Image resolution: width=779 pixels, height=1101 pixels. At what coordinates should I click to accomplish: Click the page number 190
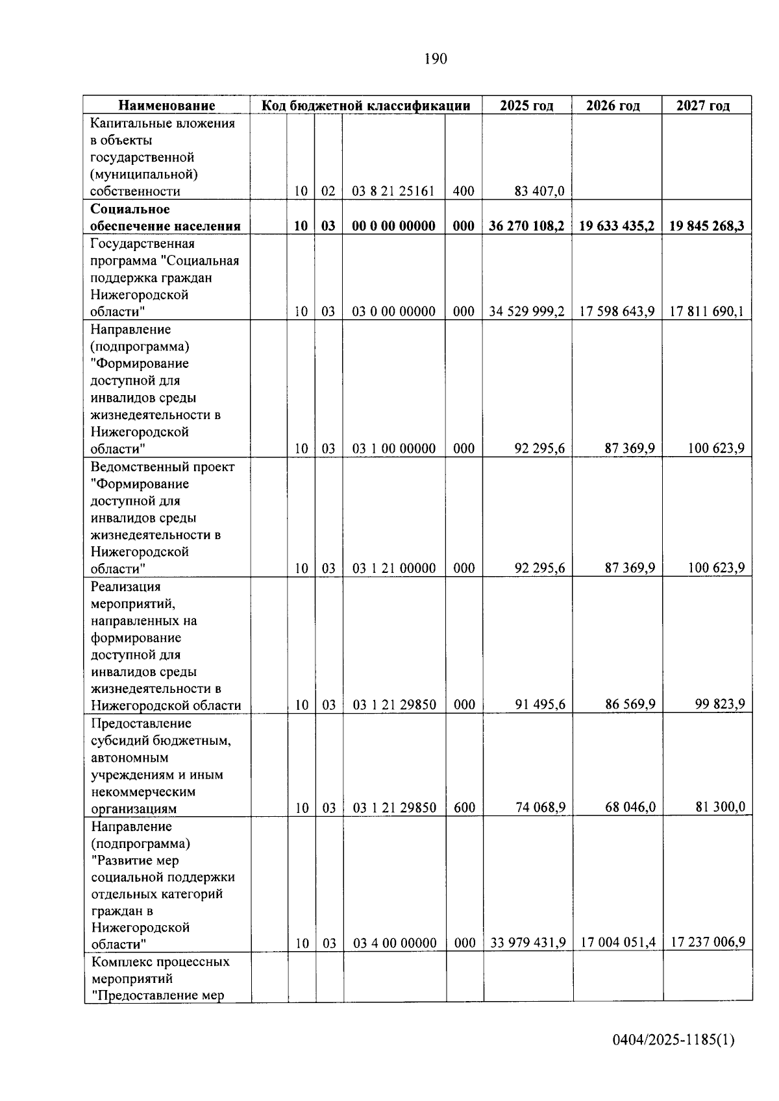(436, 59)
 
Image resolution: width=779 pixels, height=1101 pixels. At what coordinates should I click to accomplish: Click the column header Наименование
(166, 106)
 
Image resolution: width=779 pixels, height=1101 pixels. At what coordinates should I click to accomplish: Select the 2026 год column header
(613, 106)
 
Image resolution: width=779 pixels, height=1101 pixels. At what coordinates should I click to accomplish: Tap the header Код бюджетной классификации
(365, 106)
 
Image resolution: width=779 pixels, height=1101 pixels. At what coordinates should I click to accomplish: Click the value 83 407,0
(539, 191)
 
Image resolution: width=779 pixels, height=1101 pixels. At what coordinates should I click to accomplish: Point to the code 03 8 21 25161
(393, 191)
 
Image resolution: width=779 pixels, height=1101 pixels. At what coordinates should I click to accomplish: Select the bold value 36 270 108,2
(526, 226)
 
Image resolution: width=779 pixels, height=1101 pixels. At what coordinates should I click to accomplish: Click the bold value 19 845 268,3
(707, 226)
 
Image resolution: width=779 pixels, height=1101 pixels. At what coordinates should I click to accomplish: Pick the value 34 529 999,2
(526, 311)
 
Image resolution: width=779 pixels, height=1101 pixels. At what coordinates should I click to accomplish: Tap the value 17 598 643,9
(617, 311)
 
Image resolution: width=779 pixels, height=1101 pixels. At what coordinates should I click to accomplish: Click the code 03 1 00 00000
(393, 448)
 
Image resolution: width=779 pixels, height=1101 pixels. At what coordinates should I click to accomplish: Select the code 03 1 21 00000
(393, 568)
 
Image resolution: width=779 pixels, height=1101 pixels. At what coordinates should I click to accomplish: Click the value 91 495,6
(540, 705)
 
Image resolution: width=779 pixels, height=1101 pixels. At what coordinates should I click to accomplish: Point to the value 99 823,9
(720, 704)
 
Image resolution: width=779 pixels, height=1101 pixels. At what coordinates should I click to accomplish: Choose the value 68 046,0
(630, 807)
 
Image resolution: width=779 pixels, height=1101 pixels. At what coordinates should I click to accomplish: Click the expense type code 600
(464, 808)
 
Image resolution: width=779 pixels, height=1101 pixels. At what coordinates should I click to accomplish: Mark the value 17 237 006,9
(708, 942)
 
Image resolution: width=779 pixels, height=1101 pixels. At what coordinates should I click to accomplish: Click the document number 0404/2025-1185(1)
(673, 1040)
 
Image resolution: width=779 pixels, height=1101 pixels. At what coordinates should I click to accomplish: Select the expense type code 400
(464, 191)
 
